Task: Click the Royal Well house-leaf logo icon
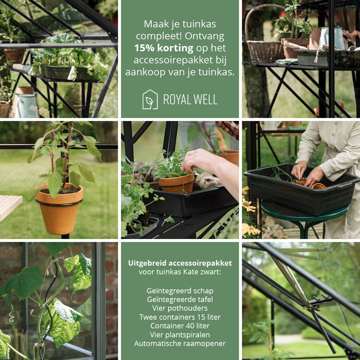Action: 150,99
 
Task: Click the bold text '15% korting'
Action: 163,48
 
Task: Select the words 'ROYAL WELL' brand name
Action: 190,100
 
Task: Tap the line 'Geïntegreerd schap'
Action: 180,291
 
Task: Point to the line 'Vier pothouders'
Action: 180,308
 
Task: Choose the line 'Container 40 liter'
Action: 180,326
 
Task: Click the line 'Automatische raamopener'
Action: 180,343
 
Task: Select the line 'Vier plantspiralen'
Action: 180,335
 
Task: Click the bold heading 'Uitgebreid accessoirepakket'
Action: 180,263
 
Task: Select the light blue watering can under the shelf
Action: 26,105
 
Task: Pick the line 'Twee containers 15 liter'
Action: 180,317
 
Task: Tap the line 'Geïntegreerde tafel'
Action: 180,300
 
